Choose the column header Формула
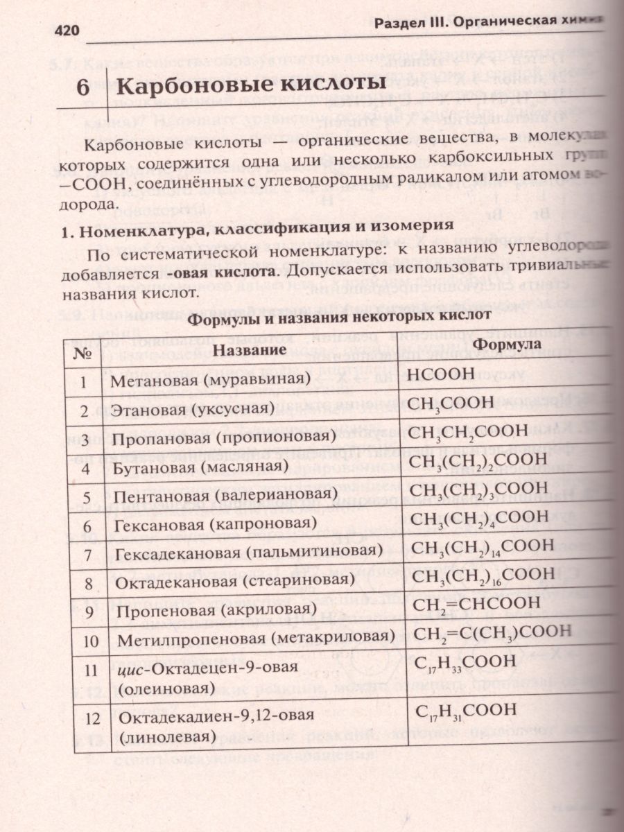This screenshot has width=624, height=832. (507, 344)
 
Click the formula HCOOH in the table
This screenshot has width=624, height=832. (442, 374)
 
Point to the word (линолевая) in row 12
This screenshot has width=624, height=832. (167, 738)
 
